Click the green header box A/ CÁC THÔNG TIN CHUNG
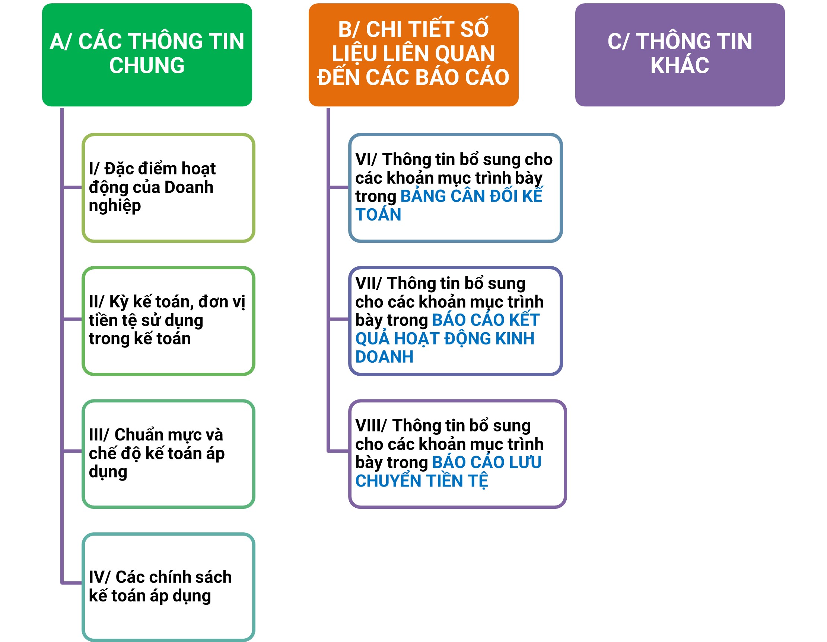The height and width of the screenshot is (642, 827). coord(147,55)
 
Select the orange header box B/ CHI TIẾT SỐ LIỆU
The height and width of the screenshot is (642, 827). coord(413,55)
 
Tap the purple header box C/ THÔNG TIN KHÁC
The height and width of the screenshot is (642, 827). coord(680,55)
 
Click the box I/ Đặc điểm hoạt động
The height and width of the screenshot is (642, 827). coord(169,187)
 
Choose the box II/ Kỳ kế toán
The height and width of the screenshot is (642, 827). coord(169,321)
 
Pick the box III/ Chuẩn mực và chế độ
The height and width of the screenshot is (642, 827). coord(169,453)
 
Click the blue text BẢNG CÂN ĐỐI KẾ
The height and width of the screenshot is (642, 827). coord(471,196)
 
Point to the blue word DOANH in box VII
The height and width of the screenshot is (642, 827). coord(384,357)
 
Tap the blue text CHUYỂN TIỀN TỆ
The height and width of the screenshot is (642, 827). coord(422,481)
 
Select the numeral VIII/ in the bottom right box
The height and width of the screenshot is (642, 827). coord(371,426)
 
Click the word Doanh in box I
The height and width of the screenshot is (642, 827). coord(189,187)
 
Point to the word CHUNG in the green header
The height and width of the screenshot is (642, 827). coord(147,65)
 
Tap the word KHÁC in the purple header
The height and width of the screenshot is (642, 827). coord(680,65)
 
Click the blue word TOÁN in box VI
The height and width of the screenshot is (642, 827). coord(378,215)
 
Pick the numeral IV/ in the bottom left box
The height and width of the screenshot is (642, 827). coord(99,577)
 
